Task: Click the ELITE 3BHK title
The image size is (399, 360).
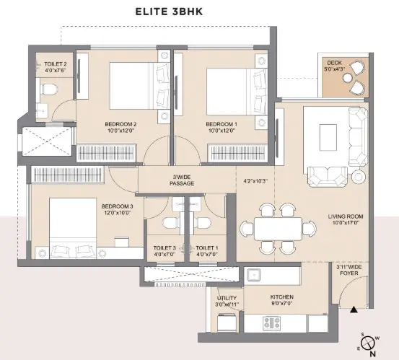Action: click(x=169, y=12)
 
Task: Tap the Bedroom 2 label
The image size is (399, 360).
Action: click(x=120, y=124)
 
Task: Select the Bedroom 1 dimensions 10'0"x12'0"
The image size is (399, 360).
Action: click(x=221, y=131)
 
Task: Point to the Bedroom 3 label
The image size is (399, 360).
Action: click(x=118, y=206)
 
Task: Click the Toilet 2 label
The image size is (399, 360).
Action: click(x=56, y=64)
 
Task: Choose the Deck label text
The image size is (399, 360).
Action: click(x=334, y=63)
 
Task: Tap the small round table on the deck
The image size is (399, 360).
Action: click(x=347, y=78)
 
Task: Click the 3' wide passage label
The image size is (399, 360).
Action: click(x=182, y=180)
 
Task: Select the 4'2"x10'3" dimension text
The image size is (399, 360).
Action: click(x=255, y=181)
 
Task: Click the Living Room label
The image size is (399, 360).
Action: click(x=346, y=216)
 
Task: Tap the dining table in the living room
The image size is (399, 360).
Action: click(x=278, y=229)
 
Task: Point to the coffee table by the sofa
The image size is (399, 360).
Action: click(x=328, y=137)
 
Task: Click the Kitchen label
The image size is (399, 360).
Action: click(x=281, y=297)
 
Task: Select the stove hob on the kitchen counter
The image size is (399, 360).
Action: click(x=271, y=323)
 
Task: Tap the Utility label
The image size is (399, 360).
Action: click(x=227, y=298)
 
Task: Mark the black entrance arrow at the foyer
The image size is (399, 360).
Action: click(x=354, y=309)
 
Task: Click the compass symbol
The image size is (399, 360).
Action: click(x=368, y=343)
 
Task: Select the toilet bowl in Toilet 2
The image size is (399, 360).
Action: click(x=48, y=89)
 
